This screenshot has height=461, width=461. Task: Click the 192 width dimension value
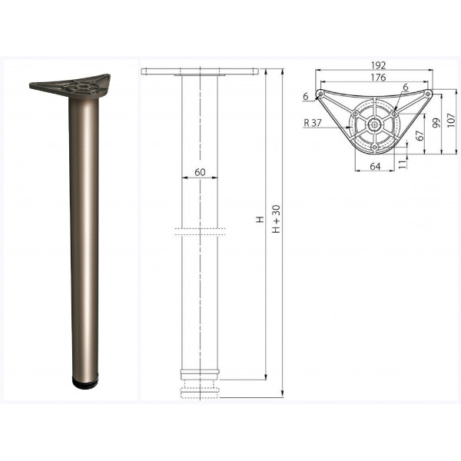378,65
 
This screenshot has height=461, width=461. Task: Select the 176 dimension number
378,78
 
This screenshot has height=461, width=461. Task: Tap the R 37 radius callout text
313,123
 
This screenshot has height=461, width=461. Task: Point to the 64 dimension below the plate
375,167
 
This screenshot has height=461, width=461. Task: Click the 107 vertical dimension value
451,120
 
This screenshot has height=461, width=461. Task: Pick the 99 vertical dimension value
437,123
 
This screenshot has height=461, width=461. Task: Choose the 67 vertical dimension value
421,135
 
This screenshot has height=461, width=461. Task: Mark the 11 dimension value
403,163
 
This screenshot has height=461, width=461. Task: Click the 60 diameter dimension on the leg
200,172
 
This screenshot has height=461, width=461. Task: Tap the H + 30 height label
277,219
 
